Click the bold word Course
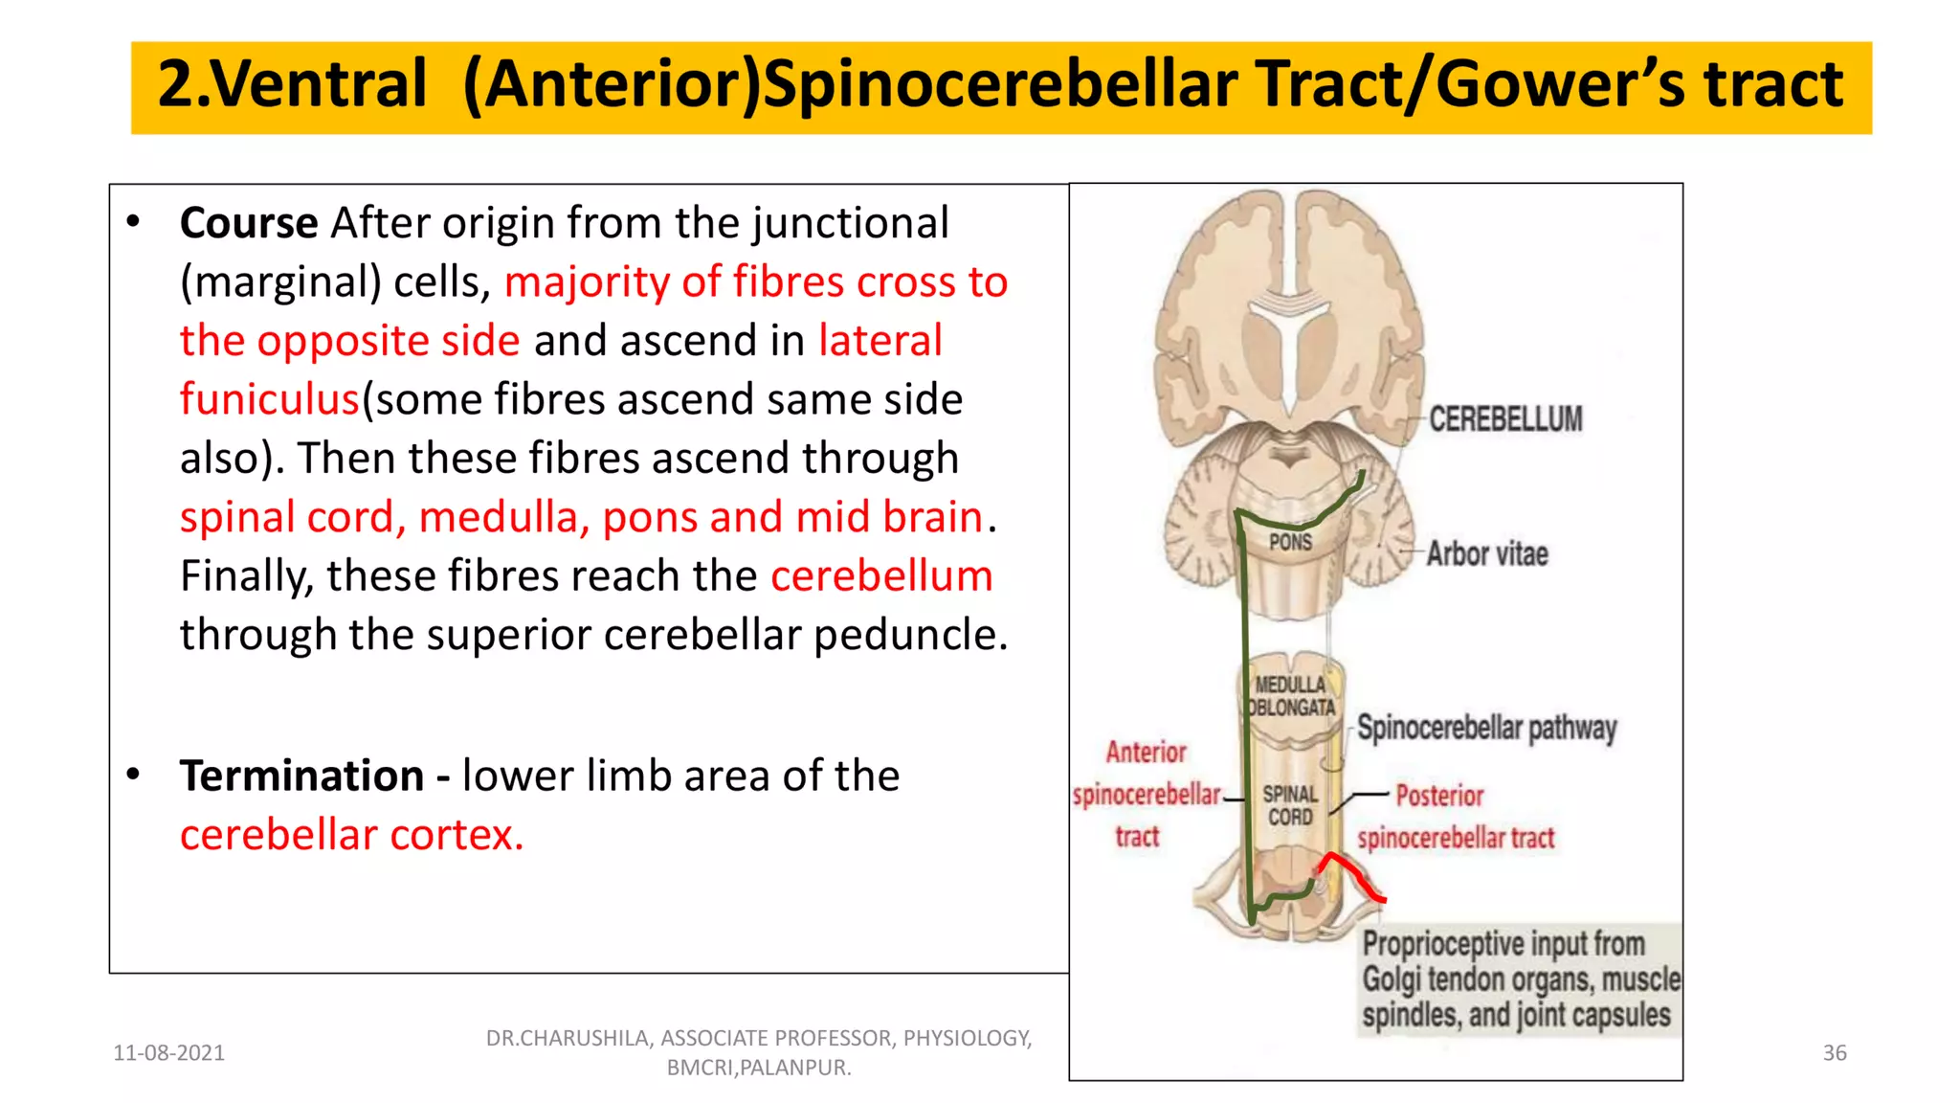[248, 223]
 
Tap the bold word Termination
[301, 776]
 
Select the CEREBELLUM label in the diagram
[1505, 419]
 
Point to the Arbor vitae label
[1486, 553]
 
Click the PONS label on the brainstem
[1290, 542]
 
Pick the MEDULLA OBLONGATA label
[1290, 696]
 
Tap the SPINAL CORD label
[1290, 805]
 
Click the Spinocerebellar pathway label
[1486, 729]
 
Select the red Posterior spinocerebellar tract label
[1456, 817]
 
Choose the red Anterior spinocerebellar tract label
[1146, 795]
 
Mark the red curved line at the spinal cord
[1350, 872]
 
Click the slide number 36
[1834, 1053]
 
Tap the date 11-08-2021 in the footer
[168, 1053]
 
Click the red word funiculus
[269, 399]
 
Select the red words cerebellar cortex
[351, 835]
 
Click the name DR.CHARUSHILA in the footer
[568, 1038]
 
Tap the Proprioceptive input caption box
[1520, 979]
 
